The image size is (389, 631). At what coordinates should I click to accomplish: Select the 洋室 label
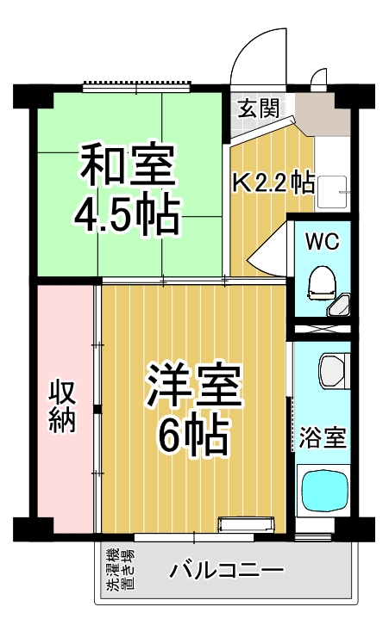[x=193, y=387]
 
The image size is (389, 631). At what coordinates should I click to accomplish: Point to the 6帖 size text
[x=192, y=436]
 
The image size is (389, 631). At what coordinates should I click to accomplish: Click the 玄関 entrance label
[x=258, y=108]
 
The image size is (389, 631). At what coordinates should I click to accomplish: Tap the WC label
[x=323, y=240]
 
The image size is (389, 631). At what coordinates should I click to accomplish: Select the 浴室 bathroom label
[x=323, y=438]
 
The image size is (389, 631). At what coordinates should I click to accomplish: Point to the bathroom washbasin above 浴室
[x=332, y=371]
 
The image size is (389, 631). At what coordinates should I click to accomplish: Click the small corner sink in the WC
[x=341, y=306]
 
